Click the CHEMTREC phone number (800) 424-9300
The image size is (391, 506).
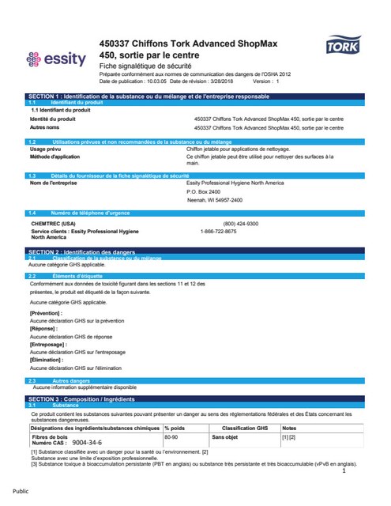241,224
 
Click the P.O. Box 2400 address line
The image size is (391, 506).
209,192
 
